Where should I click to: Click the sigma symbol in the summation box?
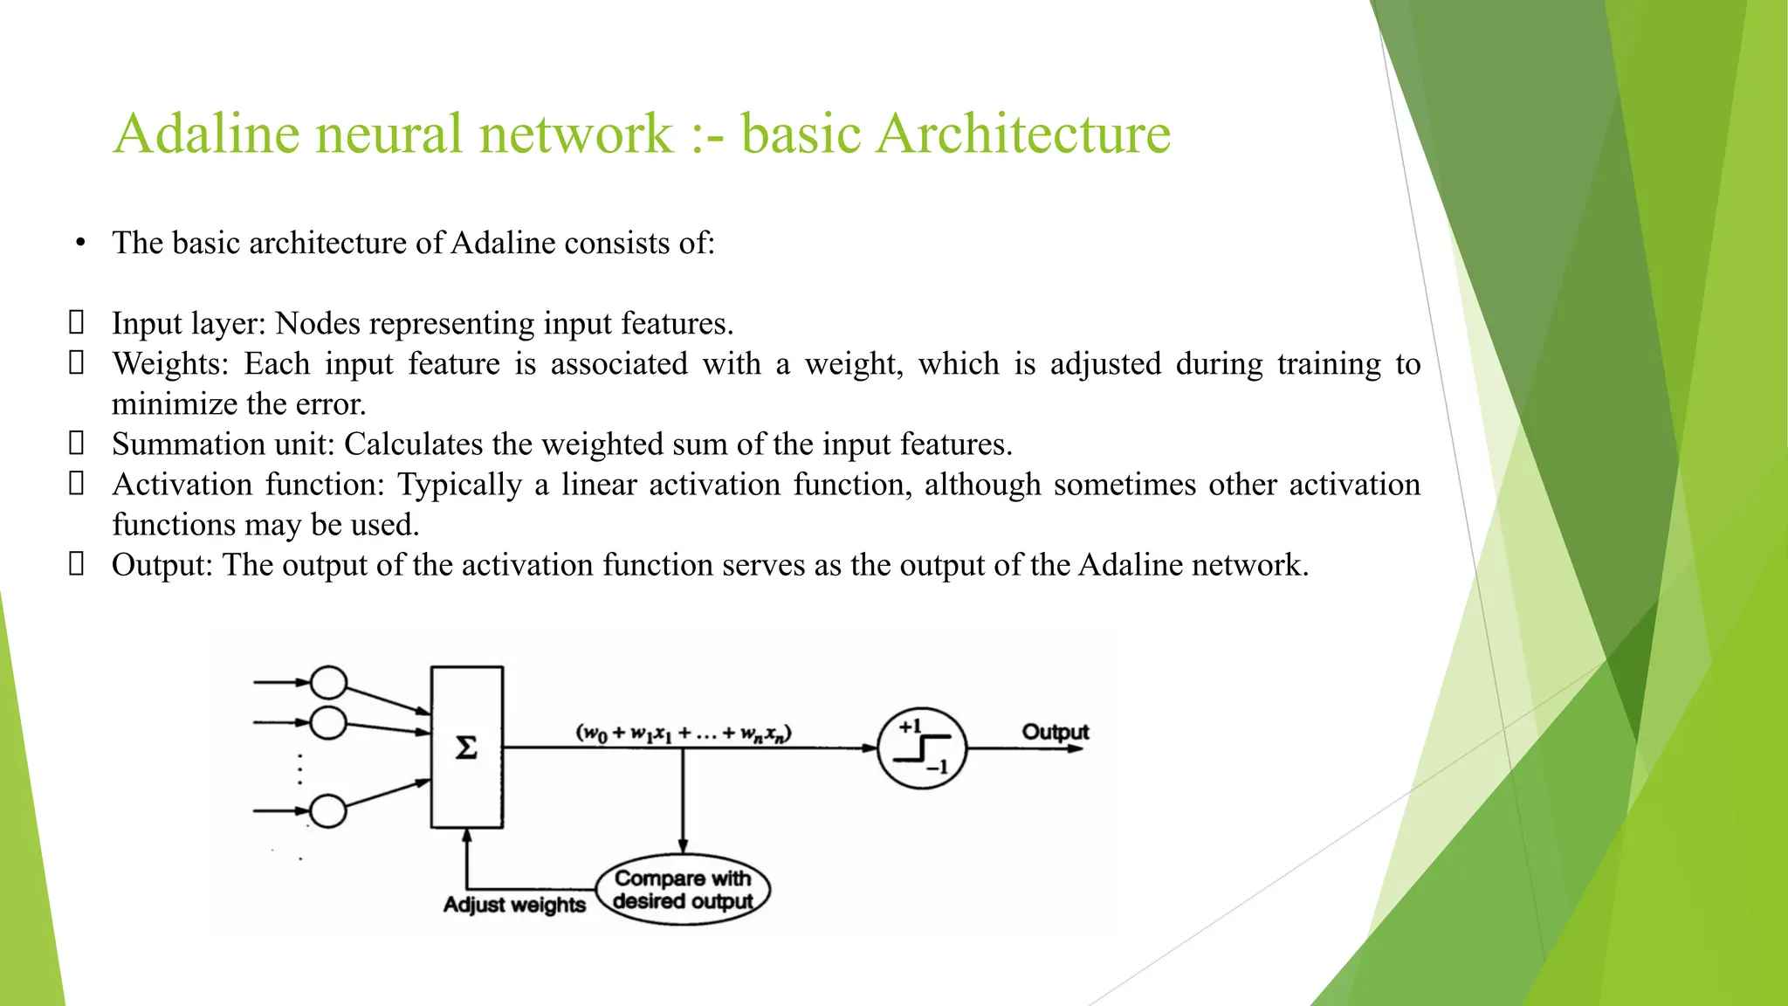click(x=467, y=748)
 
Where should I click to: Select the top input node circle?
click(x=328, y=683)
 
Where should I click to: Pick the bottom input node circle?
click(x=328, y=811)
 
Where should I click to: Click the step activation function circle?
click(x=921, y=748)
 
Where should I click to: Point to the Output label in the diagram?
click(x=1055, y=732)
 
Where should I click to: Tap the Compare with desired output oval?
click(x=683, y=890)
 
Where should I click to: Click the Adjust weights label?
click(x=514, y=905)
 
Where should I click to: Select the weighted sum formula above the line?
click(x=683, y=733)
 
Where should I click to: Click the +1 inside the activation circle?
click(x=910, y=727)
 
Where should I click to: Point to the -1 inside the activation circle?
click(x=937, y=768)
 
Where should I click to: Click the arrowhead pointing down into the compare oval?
click(x=683, y=846)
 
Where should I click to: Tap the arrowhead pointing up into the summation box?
click(x=467, y=836)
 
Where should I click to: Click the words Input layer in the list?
click(x=187, y=324)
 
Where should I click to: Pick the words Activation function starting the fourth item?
click(x=249, y=485)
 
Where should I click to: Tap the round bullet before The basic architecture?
click(x=80, y=244)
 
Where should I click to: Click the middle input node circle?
click(x=328, y=723)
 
